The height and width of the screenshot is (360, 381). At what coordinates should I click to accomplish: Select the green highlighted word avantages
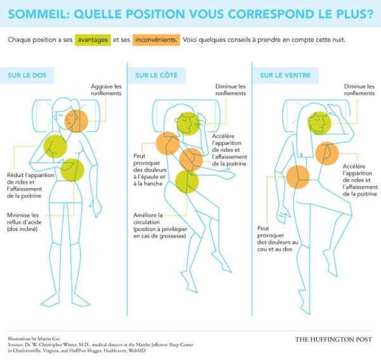tap(91, 39)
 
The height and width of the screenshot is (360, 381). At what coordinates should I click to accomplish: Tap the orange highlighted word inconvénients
tap(155, 39)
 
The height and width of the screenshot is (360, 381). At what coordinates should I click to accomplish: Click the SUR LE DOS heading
tap(26, 75)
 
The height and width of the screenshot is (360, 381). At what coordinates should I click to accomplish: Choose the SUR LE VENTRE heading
tap(285, 75)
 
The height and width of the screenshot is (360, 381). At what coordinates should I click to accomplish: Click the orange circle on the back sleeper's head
tap(77, 121)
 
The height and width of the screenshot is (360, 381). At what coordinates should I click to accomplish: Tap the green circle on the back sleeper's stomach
tap(72, 170)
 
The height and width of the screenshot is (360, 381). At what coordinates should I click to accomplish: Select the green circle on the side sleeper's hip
tap(187, 182)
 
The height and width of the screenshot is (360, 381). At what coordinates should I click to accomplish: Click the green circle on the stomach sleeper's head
tap(319, 123)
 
